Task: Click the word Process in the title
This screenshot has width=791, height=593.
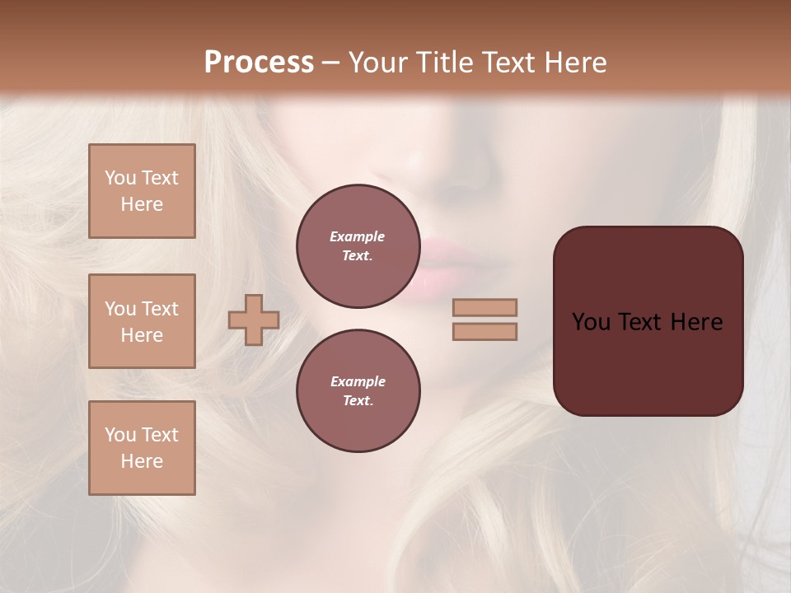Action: tap(259, 63)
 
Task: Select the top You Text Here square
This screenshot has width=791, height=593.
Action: tap(142, 191)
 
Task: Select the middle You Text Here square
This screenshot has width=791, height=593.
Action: tap(142, 321)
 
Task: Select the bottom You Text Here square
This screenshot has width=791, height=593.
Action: tap(142, 448)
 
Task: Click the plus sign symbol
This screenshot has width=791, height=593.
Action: tap(254, 320)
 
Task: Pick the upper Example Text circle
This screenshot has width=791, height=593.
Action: tap(358, 246)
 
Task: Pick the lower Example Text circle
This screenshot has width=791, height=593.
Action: tap(358, 391)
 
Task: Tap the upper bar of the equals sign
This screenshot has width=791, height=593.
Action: tap(485, 307)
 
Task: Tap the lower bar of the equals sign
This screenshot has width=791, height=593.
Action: tap(485, 331)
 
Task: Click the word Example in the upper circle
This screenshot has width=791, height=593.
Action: tap(358, 236)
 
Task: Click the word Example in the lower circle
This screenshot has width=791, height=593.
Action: tap(358, 381)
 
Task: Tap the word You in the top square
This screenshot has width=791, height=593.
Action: tap(119, 178)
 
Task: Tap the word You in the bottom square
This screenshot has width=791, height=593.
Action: tap(119, 435)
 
